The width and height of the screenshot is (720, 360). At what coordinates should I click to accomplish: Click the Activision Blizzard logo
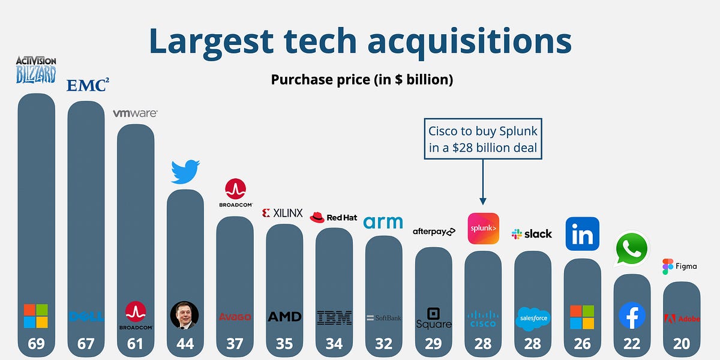click(36, 70)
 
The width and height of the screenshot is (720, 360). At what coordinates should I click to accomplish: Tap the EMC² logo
click(87, 85)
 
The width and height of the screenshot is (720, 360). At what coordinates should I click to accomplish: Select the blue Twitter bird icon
click(185, 172)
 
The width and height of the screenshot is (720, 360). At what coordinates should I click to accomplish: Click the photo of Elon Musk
click(184, 315)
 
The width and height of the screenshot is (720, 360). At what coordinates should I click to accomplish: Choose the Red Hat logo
click(334, 217)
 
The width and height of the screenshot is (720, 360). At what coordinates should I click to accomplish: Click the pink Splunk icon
click(483, 229)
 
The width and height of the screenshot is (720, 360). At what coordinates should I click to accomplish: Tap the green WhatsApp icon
click(632, 249)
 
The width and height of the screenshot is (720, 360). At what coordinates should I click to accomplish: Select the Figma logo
click(679, 266)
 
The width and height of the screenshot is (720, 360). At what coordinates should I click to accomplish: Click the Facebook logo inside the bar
click(632, 316)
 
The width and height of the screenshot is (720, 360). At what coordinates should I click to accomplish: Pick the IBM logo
click(334, 317)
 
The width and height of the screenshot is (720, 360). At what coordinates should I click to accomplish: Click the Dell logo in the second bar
click(86, 316)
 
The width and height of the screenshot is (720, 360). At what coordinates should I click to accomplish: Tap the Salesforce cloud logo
click(532, 317)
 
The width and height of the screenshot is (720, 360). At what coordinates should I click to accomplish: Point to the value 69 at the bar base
click(36, 344)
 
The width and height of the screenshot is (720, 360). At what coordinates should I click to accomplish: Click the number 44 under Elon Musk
click(184, 344)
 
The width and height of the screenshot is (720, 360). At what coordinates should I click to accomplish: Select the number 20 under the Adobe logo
click(681, 344)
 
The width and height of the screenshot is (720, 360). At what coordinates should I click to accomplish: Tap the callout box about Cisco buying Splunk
click(484, 139)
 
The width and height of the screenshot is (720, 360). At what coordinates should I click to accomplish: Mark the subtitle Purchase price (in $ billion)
click(362, 80)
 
